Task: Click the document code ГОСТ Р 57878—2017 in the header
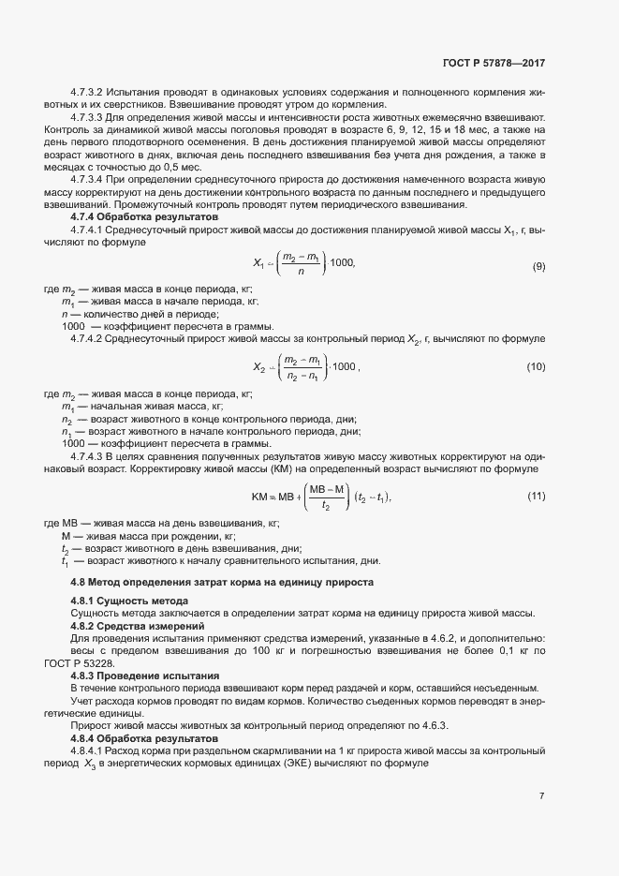point(494,63)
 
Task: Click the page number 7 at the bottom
point(542,796)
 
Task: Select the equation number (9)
point(538,267)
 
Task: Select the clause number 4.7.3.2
point(87,93)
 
